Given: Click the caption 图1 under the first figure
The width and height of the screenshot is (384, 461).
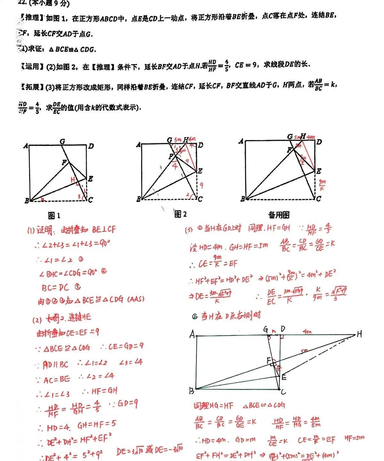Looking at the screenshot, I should tap(54, 216).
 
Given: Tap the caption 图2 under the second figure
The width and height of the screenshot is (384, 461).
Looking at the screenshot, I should tap(180, 214).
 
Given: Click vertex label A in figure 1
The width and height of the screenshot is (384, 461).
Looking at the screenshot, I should tap(26, 146).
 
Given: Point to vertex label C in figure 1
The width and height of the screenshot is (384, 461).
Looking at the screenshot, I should tap(90, 200).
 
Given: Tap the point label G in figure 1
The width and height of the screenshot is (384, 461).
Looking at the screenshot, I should tap(62, 141).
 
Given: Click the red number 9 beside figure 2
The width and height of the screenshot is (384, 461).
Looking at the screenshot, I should tap(201, 185).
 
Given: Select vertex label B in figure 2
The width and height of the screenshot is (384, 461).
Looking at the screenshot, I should tap(138, 199).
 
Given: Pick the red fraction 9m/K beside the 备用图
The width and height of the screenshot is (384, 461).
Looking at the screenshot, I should tap(322, 185).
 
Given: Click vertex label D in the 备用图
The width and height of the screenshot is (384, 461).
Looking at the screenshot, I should tap(319, 142).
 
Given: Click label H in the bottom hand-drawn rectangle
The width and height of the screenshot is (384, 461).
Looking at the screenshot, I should tap(359, 334).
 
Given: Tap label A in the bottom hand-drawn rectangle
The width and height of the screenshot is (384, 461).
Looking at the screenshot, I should tap(192, 335).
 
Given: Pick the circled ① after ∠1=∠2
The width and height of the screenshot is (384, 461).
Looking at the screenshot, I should tap(80, 259).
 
